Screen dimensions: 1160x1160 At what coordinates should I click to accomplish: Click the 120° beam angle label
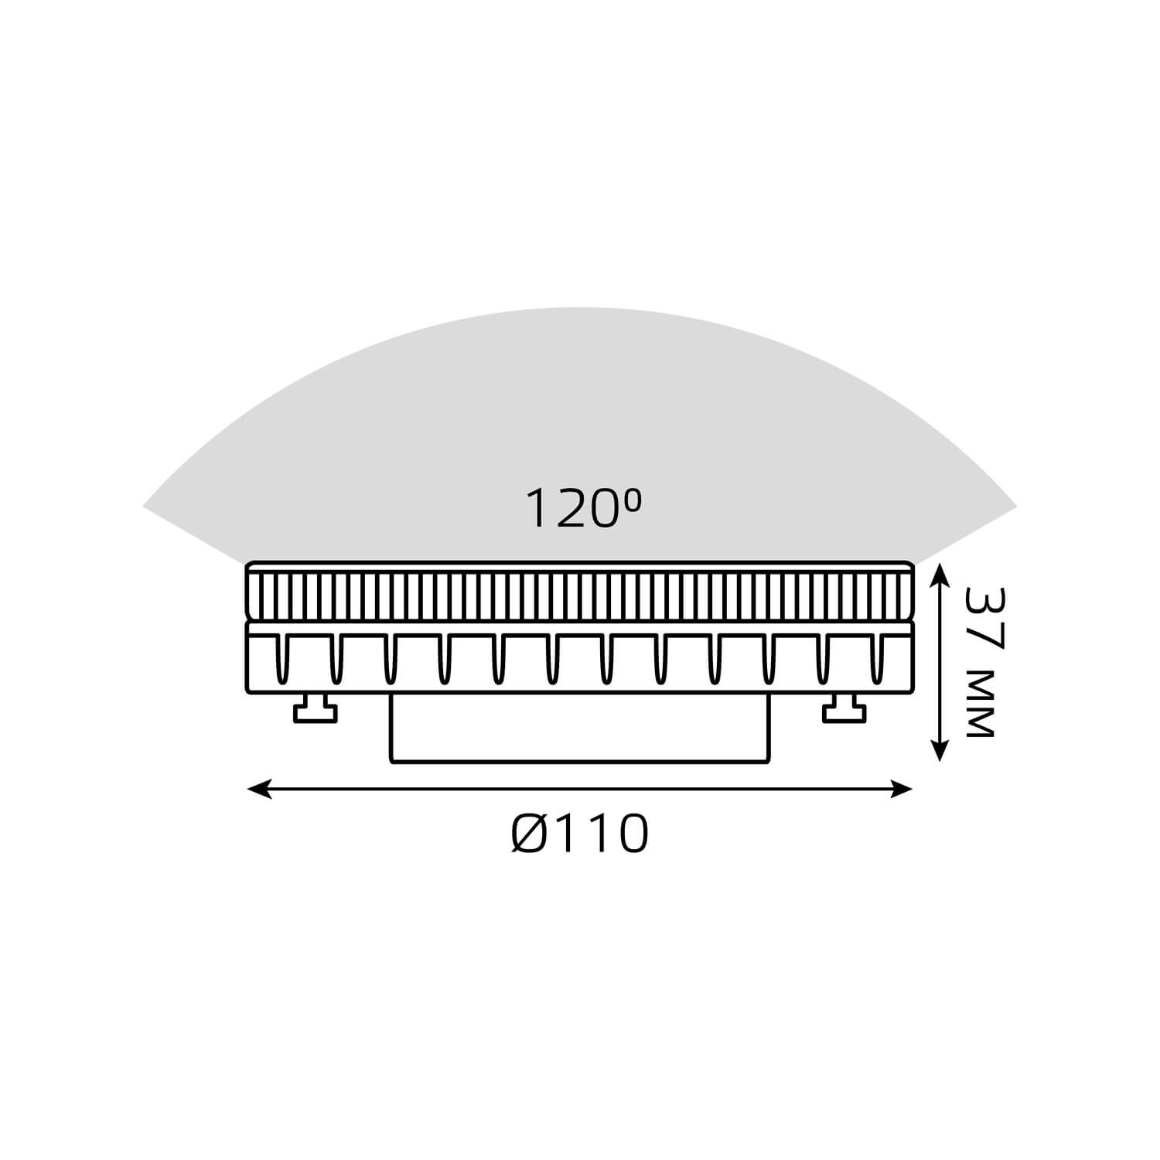pyautogui.click(x=584, y=509)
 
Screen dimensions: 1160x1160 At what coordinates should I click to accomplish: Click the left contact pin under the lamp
pyautogui.click(x=316, y=708)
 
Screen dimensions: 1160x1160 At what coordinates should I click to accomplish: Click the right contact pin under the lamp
pyautogui.click(x=844, y=708)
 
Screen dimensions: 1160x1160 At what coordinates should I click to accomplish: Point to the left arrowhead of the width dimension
pyautogui.click(x=258, y=789)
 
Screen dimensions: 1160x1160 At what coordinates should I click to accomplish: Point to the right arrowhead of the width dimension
pyautogui.click(x=902, y=789)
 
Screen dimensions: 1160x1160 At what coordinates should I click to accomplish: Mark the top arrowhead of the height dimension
pyautogui.click(x=939, y=575)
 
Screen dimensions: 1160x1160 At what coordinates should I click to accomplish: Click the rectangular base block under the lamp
pyautogui.click(x=580, y=728)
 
